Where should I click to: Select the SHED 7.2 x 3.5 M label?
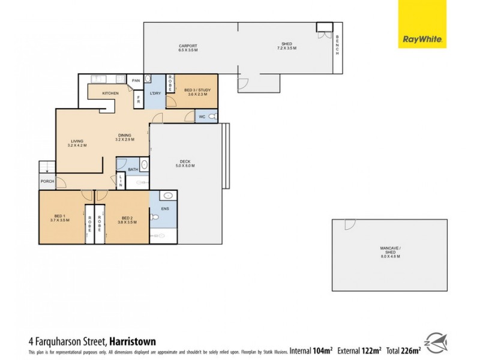click(287, 46)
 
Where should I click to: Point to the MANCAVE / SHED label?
click(389, 254)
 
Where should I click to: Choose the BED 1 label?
click(60, 219)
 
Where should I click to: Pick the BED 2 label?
click(127, 219)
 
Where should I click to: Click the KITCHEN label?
click(110, 94)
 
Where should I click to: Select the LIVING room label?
click(78, 143)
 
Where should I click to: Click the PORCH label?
click(47, 181)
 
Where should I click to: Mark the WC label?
click(202, 116)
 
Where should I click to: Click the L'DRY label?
click(155, 93)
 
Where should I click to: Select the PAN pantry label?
click(136, 80)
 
